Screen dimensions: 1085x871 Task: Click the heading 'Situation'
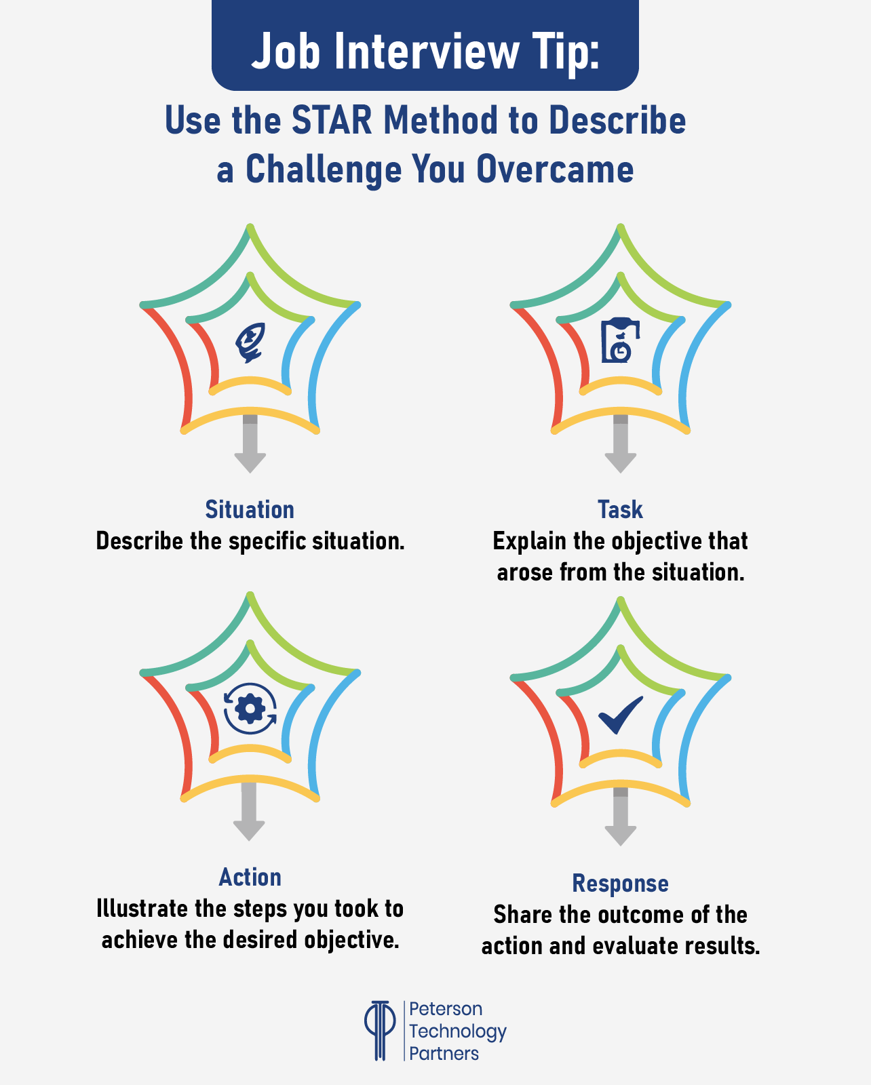point(250,510)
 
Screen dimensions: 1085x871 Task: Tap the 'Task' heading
point(620,510)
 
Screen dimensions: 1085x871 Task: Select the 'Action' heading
point(250,877)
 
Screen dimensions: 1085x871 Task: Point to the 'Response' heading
point(620,884)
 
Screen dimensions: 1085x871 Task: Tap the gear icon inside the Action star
point(250,709)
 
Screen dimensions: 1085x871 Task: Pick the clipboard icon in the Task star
point(620,340)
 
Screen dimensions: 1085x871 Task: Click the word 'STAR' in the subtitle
point(332,121)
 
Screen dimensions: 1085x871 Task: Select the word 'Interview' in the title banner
point(425,52)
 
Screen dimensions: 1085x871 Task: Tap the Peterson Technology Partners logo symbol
point(380,1030)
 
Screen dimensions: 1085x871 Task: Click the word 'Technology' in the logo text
point(458,1031)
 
